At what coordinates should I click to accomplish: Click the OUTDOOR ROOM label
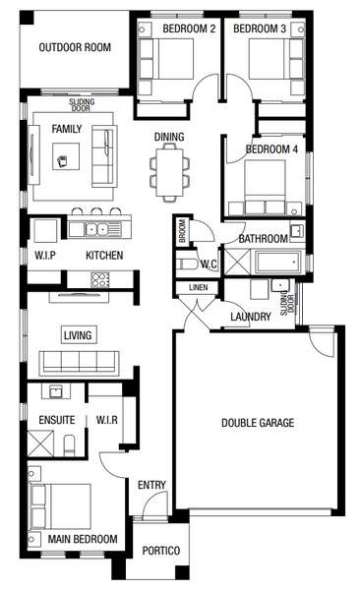point(75,47)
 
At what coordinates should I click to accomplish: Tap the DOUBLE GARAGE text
point(258,423)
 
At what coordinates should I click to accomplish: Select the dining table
point(169,172)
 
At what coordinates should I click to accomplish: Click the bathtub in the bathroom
point(278,263)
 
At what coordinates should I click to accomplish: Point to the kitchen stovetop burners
point(100,279)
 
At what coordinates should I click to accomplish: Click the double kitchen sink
point(96,229)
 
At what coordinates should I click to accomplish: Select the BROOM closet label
point(182,231)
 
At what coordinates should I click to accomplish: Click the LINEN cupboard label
point(198,288)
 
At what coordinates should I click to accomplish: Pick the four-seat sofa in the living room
point(79,363)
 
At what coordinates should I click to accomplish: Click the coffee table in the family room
point(66,156)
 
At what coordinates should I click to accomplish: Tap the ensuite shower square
point(40,443)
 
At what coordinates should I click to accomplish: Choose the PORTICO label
point(161,551)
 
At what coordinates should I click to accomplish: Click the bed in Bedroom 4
point(266,188)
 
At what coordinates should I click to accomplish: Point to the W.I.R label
point(107,420)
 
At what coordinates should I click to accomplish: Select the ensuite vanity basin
point(56,391)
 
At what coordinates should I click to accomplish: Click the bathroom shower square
point(237,262)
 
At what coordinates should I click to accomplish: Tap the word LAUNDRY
point(251,317)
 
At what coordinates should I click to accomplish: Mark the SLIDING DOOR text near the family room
point(82,105)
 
